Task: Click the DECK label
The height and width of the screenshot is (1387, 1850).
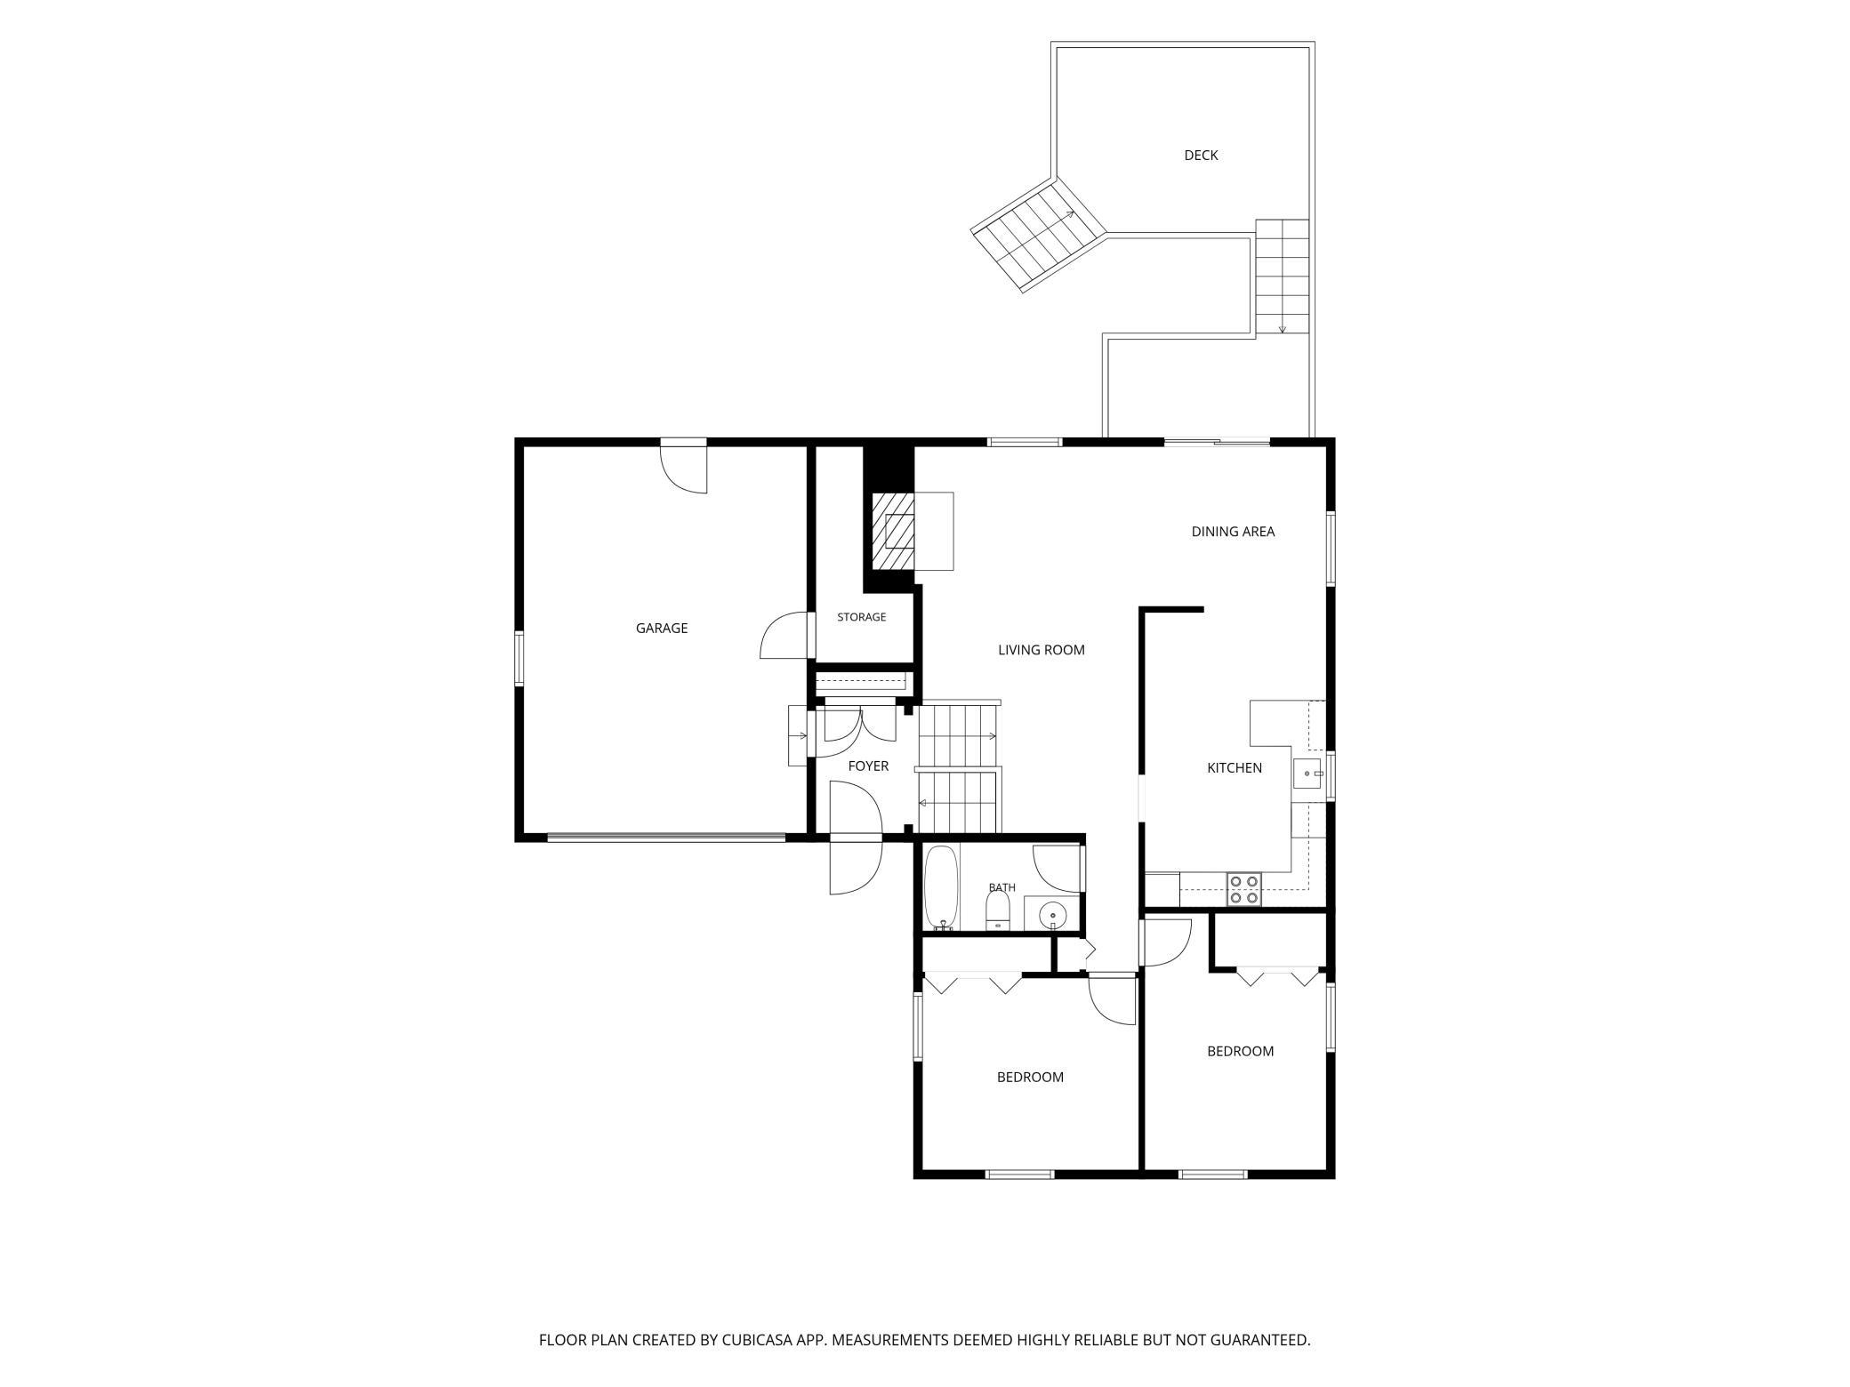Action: click(1201, 156)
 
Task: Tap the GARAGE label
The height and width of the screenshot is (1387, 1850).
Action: click(662, 629)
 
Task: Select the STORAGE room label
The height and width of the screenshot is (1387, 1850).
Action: click(861, 617)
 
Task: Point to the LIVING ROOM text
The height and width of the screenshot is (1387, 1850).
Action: click(1042, 650)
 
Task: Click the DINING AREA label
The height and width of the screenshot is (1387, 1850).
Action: click(1233, 532)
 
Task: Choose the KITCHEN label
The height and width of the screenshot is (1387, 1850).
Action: click(1235, 768)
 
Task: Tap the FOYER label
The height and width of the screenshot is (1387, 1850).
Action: click(868, 766)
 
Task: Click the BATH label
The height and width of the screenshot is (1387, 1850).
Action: click(1002, 887)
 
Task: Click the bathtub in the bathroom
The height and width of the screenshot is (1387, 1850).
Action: click(941, 887)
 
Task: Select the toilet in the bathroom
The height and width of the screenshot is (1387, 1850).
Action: click(998, 910)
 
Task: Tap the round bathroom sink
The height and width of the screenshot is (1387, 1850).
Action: click(1053, 914)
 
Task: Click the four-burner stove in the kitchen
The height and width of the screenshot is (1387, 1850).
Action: click(1243, 889)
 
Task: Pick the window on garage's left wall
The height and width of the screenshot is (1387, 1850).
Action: click(519, 658)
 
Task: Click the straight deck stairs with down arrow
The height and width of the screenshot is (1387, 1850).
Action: click(1282, 277)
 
